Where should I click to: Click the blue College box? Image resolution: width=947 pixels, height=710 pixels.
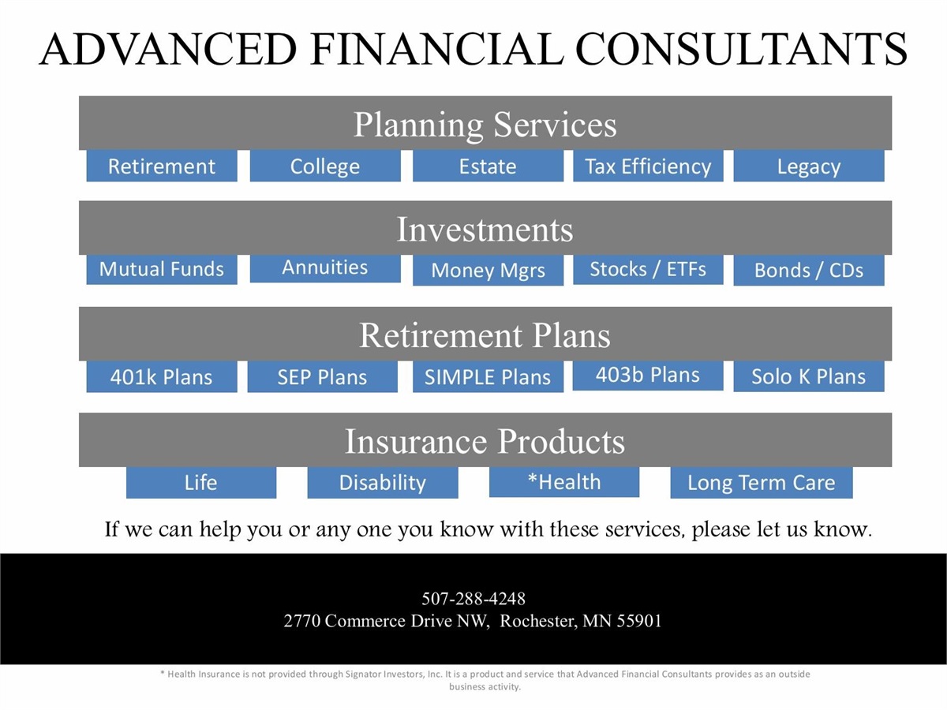point(325,166)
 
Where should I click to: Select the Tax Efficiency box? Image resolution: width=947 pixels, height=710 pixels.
point(648,166)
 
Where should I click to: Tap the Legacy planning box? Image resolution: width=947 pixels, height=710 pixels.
point(809,166)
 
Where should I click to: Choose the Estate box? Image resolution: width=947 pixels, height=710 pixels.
point(488,166)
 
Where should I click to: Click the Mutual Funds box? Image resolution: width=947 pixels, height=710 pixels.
point(162,270)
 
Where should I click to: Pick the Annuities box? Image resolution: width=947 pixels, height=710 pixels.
point(325,268)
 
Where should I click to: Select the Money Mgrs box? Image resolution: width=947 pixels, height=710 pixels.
point(488,271)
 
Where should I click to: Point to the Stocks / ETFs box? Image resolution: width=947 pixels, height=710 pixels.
point(648,270)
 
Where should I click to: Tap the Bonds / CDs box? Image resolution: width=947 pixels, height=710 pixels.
point(809,271)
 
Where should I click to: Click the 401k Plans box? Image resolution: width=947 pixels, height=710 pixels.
point(162,377)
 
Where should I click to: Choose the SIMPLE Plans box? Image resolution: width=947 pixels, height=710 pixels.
point(488,377)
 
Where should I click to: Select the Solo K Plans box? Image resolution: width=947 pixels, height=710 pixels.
point(809,376)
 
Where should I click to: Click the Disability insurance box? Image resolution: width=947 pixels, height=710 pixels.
point(383,482)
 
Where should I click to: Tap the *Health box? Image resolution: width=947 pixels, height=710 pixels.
point(564,482)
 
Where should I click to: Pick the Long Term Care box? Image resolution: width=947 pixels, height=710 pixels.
point(762,482)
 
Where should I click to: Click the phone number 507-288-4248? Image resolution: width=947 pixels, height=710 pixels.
point(473,598)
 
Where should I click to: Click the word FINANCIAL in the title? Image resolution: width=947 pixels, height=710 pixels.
point(436,49)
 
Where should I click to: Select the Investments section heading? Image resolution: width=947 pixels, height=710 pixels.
point(485,230)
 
